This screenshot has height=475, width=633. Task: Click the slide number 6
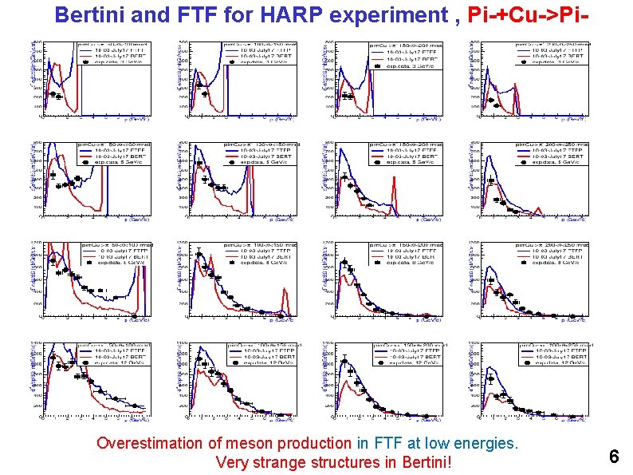pos(614,457)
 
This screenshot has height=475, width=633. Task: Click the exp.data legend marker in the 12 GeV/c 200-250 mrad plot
pos(523,362)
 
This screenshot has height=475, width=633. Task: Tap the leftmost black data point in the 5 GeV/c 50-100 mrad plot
pos(53,174)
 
